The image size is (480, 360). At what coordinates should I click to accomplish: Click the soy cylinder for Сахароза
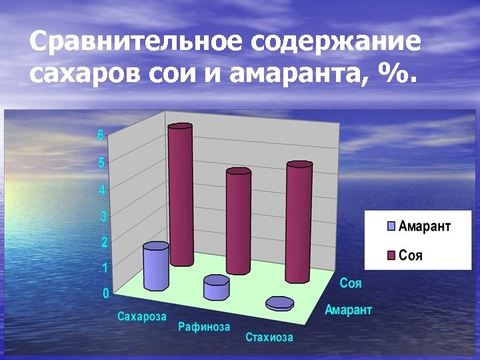point(180,197)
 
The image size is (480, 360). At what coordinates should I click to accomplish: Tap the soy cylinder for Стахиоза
point(299,223)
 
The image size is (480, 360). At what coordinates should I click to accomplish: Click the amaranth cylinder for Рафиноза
point(216,289)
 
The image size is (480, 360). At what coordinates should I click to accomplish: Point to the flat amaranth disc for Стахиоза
point(279,303)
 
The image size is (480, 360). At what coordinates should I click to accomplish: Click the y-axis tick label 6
point(101,135)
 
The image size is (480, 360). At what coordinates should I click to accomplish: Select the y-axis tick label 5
point(101,163)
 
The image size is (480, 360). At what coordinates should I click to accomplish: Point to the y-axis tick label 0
point(105,293)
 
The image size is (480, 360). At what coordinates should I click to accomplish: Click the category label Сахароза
point(142,316)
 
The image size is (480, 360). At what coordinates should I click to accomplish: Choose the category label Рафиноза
point(204,327)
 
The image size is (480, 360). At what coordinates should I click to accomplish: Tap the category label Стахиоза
point(269,337)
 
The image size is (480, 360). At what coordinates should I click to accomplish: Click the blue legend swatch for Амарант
point(391,226)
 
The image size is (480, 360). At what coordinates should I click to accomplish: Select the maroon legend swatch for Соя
point(391,255)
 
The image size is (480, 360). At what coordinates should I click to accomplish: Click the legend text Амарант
point(425,226)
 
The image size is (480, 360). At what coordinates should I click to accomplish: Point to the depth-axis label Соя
point(351,283)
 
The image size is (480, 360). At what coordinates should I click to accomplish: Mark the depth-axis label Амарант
point(349,309)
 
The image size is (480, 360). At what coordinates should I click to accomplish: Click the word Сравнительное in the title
point(137,43)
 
